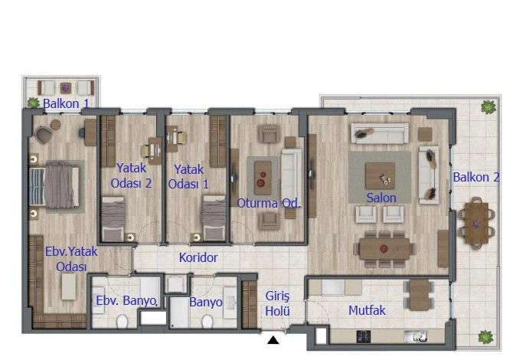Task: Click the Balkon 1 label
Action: click(x=65, y=103)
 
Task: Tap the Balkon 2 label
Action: click(x=475, y=177)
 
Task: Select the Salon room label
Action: click(x=380, y=198)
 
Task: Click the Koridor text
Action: click(x=199, y=258)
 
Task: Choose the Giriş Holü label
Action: click(x=276, y=303)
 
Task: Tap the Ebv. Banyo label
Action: click(x=125, y=301)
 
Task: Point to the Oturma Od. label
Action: click(x=268, y=203)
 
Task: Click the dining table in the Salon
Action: click(x=384, y=247)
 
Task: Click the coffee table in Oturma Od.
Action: click(x=262, y=178)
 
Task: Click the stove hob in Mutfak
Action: click(x=362, y=335)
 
